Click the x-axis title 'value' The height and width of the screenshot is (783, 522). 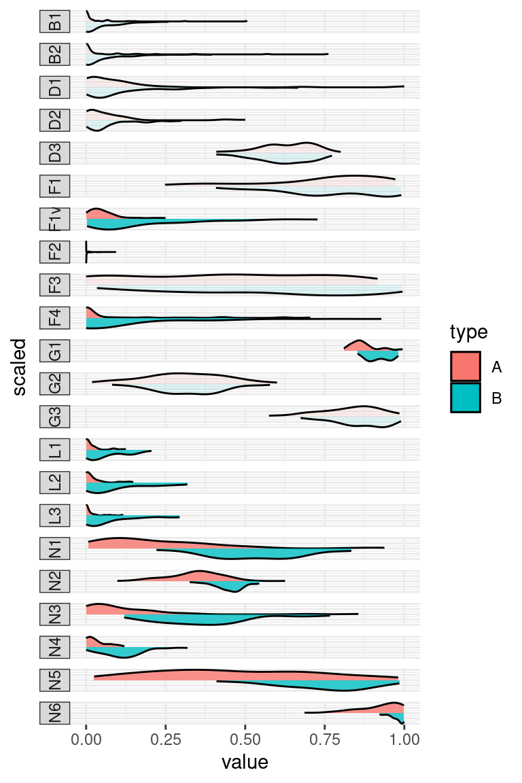(x=245, y=762)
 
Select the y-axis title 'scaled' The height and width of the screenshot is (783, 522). (x=20, y=367)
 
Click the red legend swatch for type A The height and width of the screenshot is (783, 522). (x=466, y=367)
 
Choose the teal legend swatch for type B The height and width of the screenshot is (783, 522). (x=466, y=398)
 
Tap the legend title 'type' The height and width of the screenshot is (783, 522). (x=468, y=332)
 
